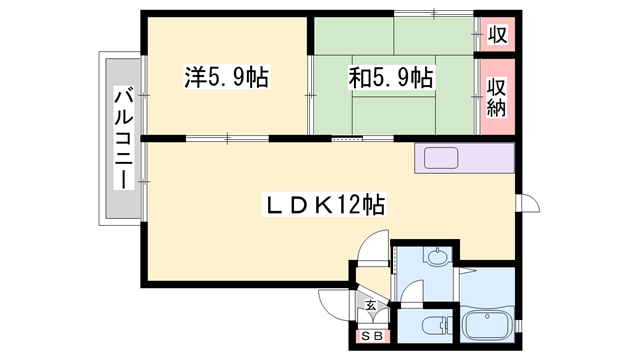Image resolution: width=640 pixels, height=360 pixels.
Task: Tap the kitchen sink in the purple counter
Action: click(x=440, y=158)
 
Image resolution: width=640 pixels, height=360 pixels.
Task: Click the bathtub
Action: click(x=487, y=326)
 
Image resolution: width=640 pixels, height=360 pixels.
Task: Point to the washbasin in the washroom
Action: click(x=437, y=259)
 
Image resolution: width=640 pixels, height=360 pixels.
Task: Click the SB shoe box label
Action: click(x=371, y=337)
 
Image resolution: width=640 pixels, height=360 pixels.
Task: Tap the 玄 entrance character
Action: click(x=370, y=304)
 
